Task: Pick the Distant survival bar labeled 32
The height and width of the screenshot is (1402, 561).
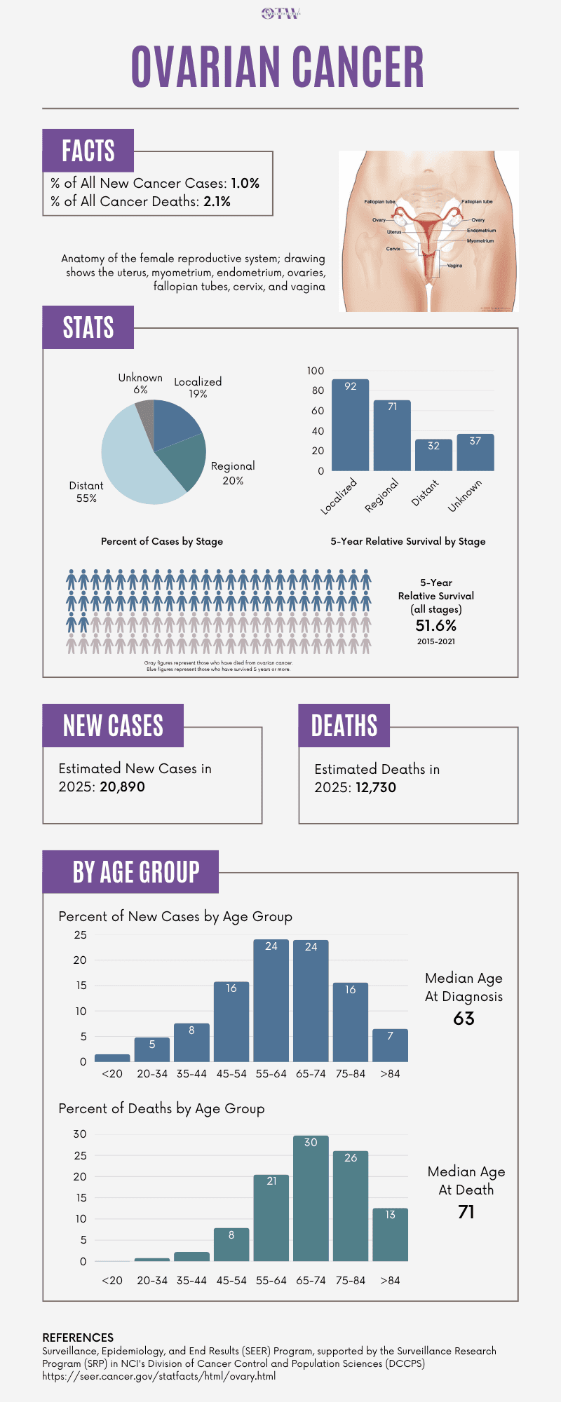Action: pyautogui.click(x=433, y=455)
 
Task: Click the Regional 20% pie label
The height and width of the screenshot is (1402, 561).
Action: pyautogui.click(x=233, y=473)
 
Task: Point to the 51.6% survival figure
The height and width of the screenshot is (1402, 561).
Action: pyautogui.click(x=435, y=625)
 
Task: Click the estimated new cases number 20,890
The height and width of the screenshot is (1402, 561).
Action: pyautogui.click(x=122, y=787)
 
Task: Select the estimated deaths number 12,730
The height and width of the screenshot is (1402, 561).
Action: pyautogui.click(x=375, y=787)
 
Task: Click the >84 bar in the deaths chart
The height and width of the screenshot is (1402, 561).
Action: pyautogui.click(x=390, y=1234)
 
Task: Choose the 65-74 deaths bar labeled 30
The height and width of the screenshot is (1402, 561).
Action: pyautogui.click(x=311, y=1199)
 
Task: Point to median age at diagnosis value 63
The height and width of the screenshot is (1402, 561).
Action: pyautogui.click(x=464, y=1019)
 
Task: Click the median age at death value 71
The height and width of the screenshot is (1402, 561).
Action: pyautogui.click(x=466, y=1212)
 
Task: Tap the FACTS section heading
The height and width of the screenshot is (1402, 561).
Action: pyautogui.click(x=88, y=151)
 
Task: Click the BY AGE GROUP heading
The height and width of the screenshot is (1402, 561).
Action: pyautogui.click(x=136, y=872)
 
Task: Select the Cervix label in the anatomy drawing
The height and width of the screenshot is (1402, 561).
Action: pyautogui.click(x=393, y=249)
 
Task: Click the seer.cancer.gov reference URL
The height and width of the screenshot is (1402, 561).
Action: pyautogui.click(x=158, y=1376)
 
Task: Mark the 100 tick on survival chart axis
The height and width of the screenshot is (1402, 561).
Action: pyautogui.click(x=316, y=371)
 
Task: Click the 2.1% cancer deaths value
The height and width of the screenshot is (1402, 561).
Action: pyautogui.click(x=217, y=201)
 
